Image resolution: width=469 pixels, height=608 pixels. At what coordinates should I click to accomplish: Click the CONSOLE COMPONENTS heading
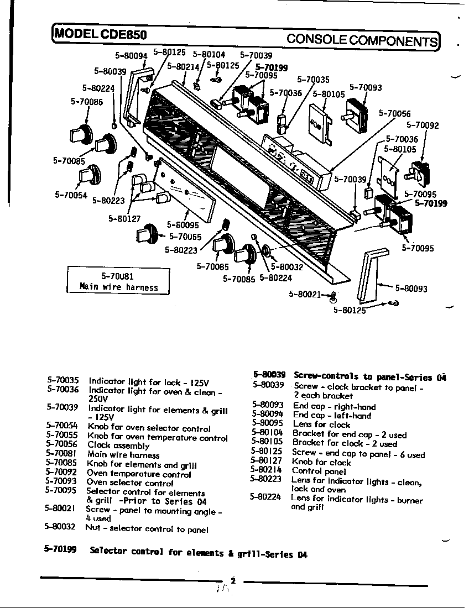(362, 40)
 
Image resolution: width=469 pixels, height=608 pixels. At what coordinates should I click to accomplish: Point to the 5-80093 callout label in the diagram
(411, 289)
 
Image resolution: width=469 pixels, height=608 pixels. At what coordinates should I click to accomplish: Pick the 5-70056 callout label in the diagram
(394, 113)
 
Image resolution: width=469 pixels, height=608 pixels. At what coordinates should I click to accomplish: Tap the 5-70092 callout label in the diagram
(423, 125)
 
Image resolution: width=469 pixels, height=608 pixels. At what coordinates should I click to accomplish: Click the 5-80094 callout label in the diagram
(131, 56)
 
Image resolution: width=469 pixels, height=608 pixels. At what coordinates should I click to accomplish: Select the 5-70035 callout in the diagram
(313, 80)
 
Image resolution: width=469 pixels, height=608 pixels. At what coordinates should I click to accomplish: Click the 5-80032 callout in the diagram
(286, 266)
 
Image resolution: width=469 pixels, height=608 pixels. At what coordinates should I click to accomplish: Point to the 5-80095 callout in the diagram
(183, 225)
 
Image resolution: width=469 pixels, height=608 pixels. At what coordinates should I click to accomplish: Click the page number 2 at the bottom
(233, 580)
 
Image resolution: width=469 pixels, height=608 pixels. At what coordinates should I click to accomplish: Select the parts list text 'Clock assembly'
(118, 445)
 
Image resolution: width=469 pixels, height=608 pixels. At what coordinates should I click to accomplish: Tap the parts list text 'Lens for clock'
(322, 424)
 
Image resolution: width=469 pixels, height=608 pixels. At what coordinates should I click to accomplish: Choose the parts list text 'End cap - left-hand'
(332, 415)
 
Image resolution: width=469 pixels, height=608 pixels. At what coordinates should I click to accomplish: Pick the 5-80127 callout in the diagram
(124, 218)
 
